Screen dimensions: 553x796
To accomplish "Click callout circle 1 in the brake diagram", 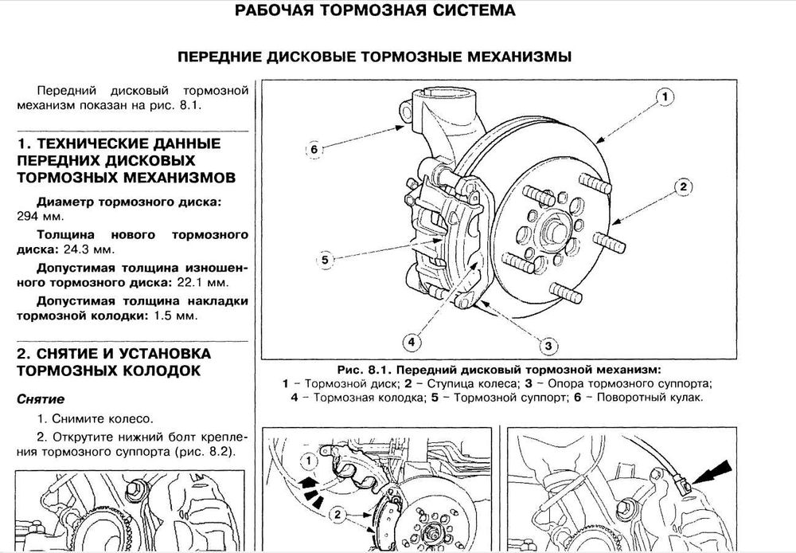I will coord(662,99).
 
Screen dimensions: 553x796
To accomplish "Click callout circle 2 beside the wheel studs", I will coord(681,188).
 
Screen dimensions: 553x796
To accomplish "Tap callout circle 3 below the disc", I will coord(548,345).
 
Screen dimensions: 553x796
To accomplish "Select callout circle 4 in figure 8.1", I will coord(411,343).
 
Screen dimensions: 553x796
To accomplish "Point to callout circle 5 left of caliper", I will coord(325,259).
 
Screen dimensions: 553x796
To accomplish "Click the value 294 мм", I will coord(36,216).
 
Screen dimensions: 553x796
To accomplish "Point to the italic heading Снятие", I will coord(41,398).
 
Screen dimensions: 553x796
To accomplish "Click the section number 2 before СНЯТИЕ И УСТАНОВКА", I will coord(23,353).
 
